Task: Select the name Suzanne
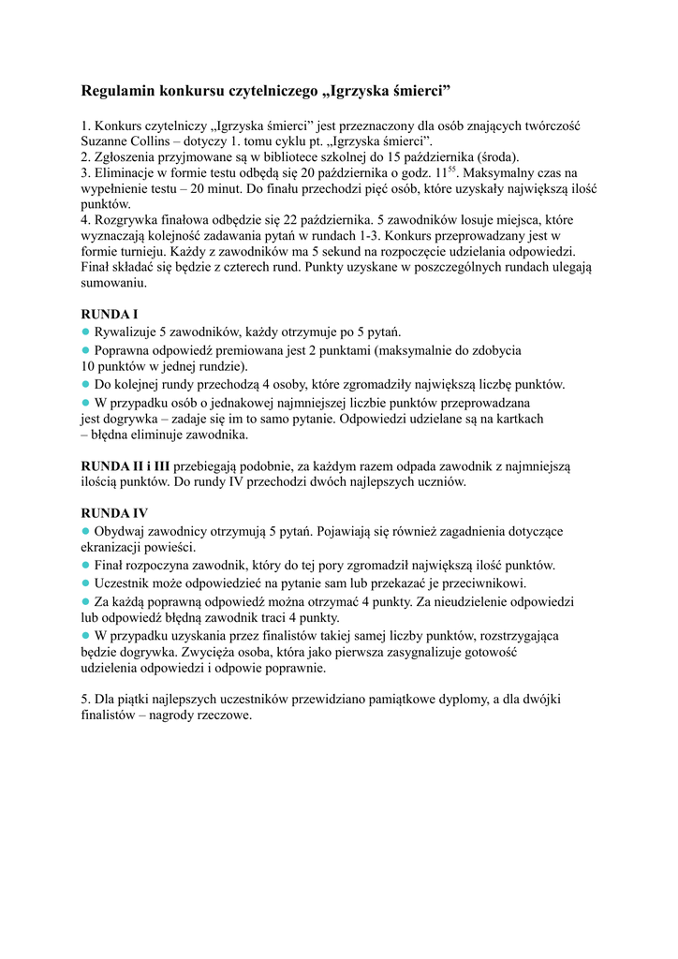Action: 107,140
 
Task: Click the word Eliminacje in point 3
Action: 125,172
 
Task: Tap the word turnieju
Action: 149,252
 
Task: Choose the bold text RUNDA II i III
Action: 125,465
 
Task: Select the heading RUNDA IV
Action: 114,513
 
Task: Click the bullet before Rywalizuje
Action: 85,332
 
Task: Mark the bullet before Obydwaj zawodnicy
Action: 85,531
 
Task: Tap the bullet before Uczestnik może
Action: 85,583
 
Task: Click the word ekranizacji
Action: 115,547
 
